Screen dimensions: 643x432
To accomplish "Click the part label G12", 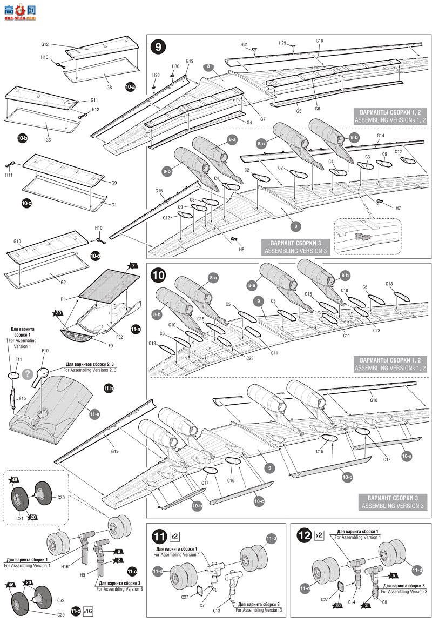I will click(x=45, y=44).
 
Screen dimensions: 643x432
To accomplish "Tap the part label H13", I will click(x=44, y=57).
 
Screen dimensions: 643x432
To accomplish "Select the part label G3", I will click(x=48, y=140).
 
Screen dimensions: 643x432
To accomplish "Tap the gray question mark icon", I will click(x=27, y=373).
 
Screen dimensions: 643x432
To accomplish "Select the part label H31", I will click(x=244, y=44).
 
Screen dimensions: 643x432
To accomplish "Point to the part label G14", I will click(x=380, y=135).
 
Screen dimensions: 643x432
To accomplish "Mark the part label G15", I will click(x=159, y=191).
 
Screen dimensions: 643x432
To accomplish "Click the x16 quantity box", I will click(x=89, y=611).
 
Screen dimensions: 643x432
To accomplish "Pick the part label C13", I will click(x=217, y=610).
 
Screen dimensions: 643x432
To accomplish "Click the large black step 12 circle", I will click(x=305, y=536).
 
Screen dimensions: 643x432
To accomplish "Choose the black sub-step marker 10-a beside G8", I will click(x=130, y=86).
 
